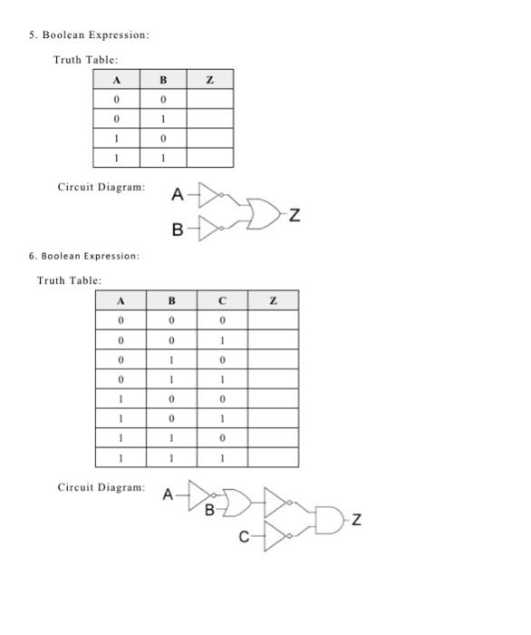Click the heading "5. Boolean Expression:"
(88, 34)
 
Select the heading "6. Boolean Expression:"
(84, 256)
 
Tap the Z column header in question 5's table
(209, 80)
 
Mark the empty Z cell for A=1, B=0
(209, 138)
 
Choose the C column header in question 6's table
(222, 301)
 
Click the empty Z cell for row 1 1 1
(273, 457)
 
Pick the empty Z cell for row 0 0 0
(273, 320)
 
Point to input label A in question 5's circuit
(178, 195)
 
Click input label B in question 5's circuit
(179, 230)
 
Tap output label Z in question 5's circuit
(295, 215)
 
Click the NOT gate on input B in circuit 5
(211, 230)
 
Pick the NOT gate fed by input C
(275, 536)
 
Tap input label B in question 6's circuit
(209, 510)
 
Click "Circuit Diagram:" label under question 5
(101, 188)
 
